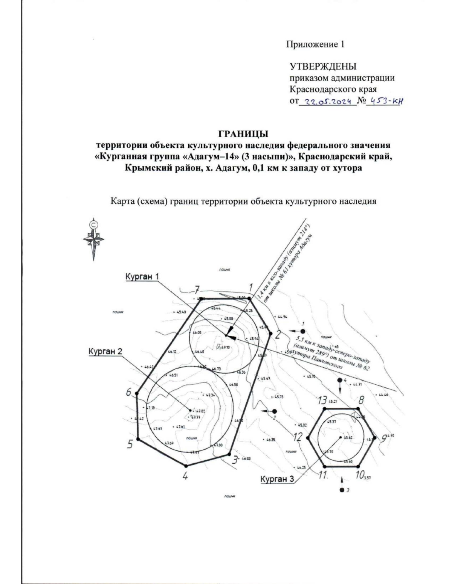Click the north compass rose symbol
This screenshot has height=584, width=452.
pyautogui.click(x=93, y=239)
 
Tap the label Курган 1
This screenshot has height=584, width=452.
pyautogui.click(x=142, y=276)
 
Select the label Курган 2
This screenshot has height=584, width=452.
pyautogui.click(x=105, y=351)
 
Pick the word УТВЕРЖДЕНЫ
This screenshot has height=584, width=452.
pyautogui.click(x=323, y=67)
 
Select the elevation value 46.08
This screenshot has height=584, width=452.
pyautogui.click(x=197, y=333)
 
